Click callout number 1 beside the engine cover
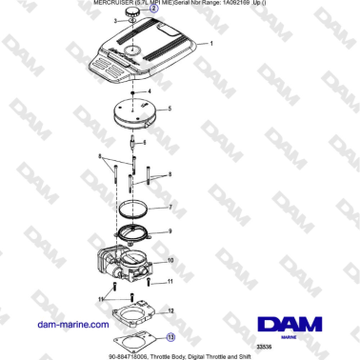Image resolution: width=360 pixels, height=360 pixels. pyautogui.click(x=211, y=45)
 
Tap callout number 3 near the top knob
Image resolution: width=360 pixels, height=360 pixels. pyautogui.click(x=115, y=19)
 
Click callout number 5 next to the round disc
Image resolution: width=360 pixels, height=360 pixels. pyautogui.click(x=170, y=109)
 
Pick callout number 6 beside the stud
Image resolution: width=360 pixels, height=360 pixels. pyautogui.click(x=144, y=143)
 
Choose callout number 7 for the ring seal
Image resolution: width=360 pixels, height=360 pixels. pyautogui.click(x=170, y=207)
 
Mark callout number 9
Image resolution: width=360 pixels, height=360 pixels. pyautogui.click(x=170, y=230)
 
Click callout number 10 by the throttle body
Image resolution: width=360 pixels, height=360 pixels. pyautogui.click(x=170, y=260)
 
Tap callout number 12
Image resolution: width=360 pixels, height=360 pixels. pyautogui.click(x=170, y=310)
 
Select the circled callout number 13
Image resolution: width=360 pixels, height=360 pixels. pyautogui.click(x=170, y=336)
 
